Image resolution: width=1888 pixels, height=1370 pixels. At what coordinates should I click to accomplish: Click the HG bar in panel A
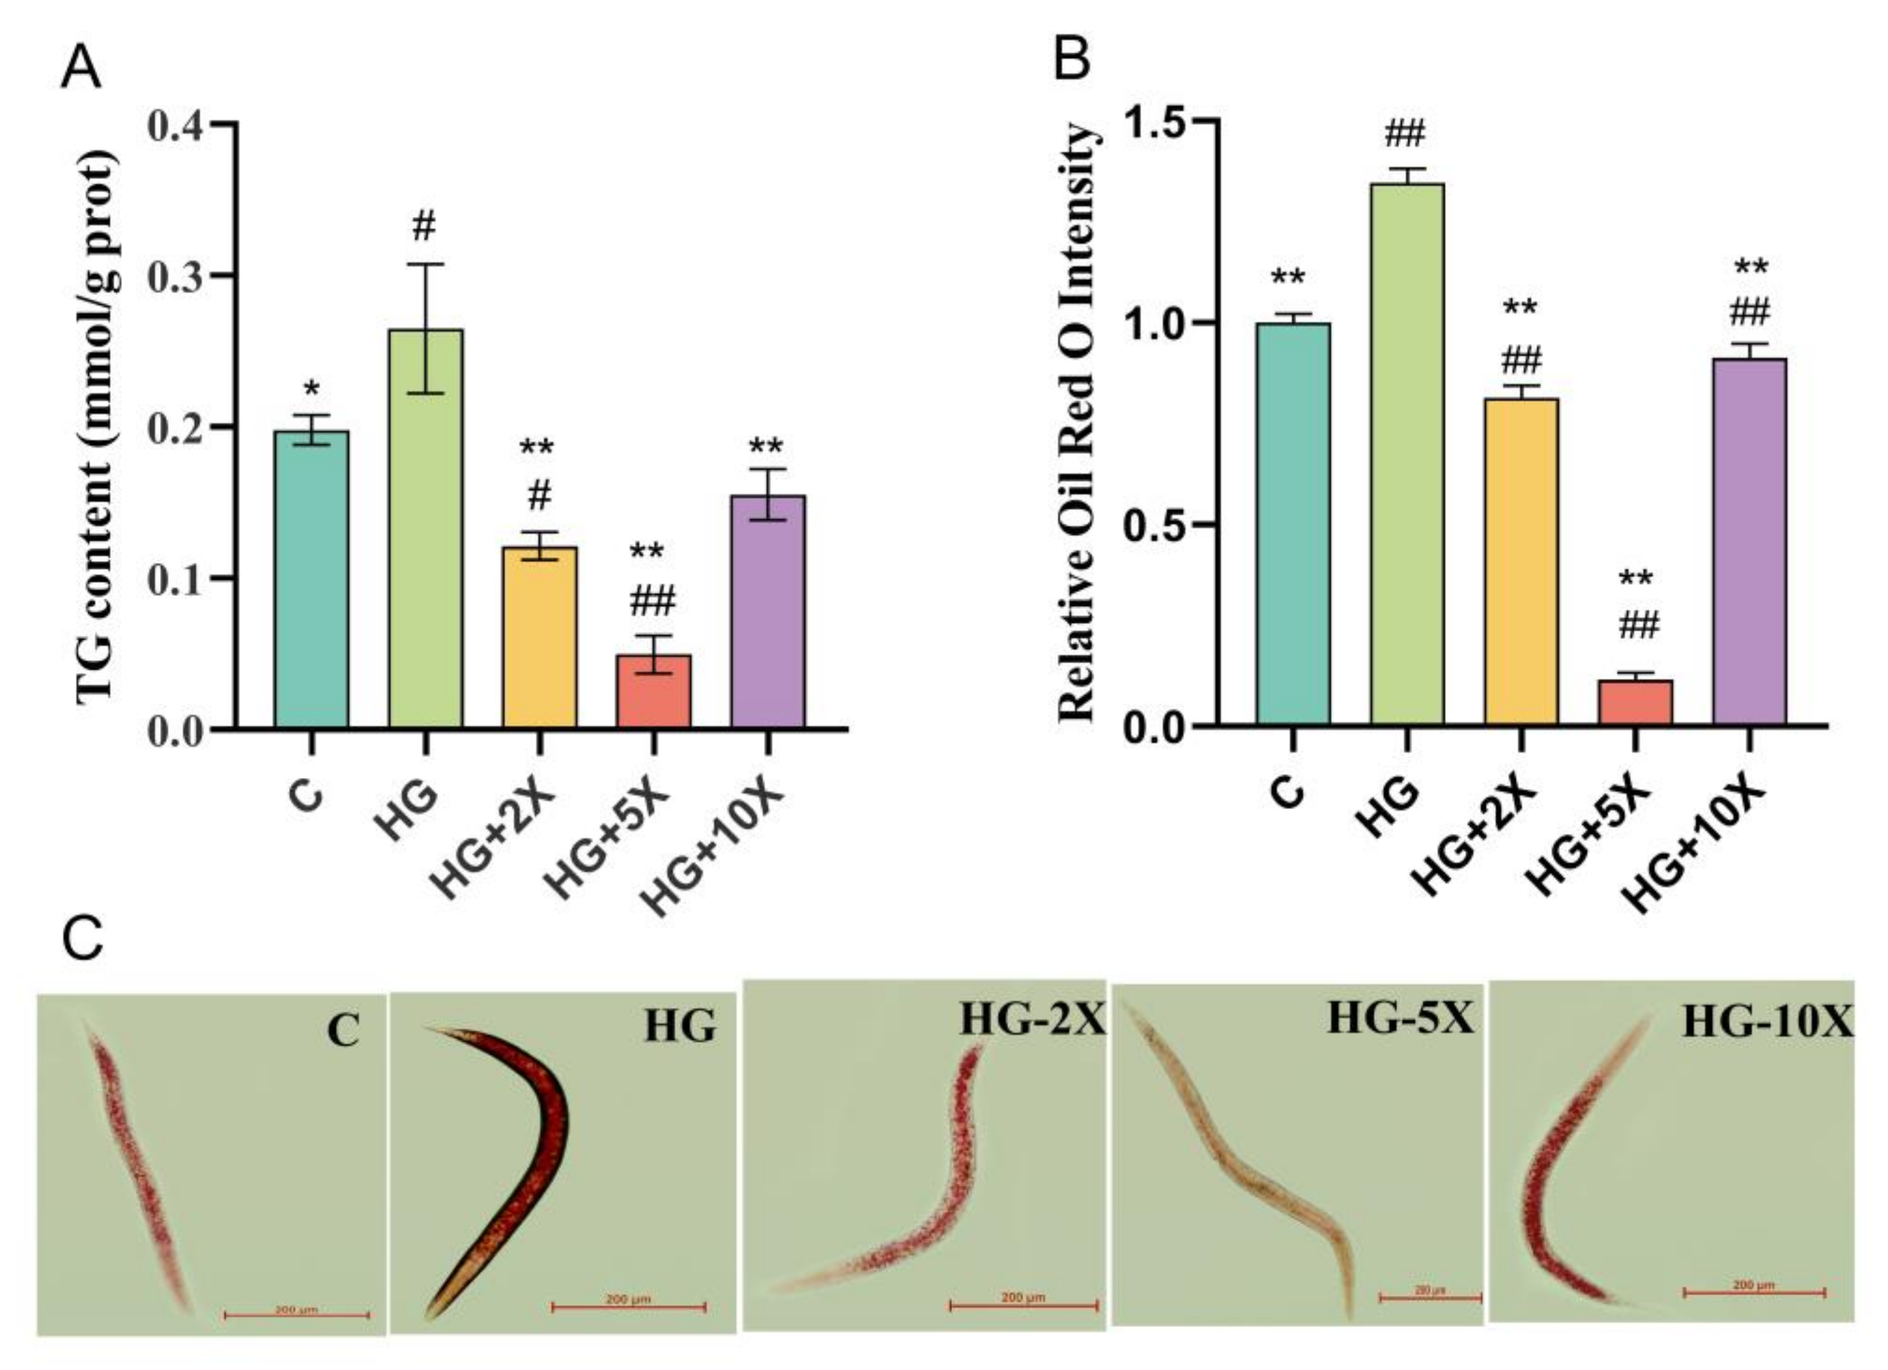pos(425,529)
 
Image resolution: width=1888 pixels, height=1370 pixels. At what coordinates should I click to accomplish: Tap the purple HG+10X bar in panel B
pos(1749,541)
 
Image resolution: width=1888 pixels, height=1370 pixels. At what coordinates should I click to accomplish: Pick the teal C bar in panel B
pos(1293,524)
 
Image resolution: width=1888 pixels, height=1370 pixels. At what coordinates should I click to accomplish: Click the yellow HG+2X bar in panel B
pos(1521,562)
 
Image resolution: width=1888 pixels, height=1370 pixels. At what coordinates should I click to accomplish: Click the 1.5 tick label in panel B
pos(1159,122)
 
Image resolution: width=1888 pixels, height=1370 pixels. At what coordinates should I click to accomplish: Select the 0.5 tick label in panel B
pos(1159,525)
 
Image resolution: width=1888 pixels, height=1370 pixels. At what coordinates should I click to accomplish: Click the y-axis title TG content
pos(98,428)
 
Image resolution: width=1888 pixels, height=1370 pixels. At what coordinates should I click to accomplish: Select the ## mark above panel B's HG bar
pos(1406,133)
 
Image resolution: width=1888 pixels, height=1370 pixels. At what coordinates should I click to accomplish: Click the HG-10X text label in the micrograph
pos(1767,1022)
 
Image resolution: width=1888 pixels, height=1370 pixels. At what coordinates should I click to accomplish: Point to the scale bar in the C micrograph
pos(296,1315)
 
